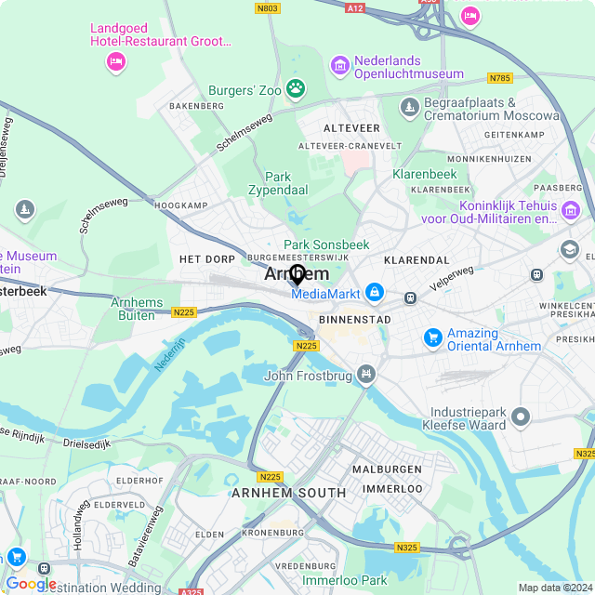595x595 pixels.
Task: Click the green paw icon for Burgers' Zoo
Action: tap(296, 89)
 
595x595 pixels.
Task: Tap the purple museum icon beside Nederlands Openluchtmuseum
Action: tap(340, 67)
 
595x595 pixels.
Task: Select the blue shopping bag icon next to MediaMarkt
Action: tap(374, 293)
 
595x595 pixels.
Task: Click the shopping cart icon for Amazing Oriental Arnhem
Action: tap(432, 338)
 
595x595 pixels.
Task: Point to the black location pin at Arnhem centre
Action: tap(297, 275)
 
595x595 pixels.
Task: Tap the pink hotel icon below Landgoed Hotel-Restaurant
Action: tap(115, 62)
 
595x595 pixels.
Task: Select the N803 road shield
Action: tap(267, 7)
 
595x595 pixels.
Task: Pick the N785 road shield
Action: tap(500, 77)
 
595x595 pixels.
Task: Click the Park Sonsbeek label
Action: tap(326, 245)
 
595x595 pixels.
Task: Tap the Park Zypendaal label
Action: tap(278, 182)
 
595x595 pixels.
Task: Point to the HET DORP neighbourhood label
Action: tap(207, 258)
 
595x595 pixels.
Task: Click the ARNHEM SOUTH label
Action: tap(289, 493)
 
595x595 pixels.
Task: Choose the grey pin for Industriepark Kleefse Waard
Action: tap(520, 417)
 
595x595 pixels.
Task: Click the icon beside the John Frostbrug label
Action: tap(368, 375)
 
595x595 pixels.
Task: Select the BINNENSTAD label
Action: tap(354, 319)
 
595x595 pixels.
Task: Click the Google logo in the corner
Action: tap(31, 583)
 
